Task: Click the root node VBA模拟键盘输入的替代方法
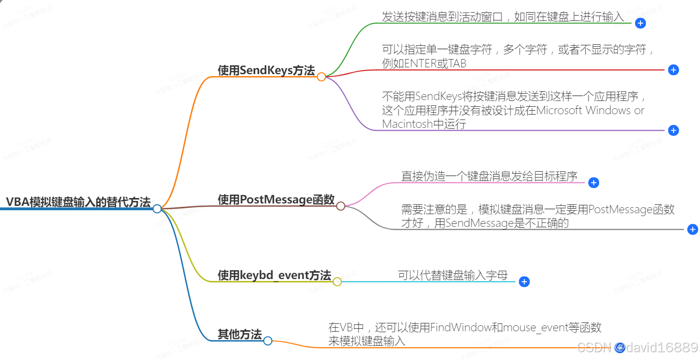tap(78, 202)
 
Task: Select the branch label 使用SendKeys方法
tap(266, 70)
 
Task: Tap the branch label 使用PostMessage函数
tap(276, 200)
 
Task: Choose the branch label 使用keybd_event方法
tap(274, 275)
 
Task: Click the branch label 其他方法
tap(240, 335)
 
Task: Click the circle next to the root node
tap(157, 209)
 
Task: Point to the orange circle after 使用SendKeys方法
tap(321, 77)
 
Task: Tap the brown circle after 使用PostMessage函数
tap(340, 206)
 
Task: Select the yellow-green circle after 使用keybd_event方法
tap(337, 281)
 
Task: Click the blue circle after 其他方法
tap(267, 341)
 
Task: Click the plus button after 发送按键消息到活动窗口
tap(640, 23)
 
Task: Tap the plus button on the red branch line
tap(673, 70)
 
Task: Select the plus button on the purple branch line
tap(673, 130)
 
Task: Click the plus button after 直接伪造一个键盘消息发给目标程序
tap(593, 182)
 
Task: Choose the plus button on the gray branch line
tap(692, 229)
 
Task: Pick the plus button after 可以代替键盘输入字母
tap(524, 281)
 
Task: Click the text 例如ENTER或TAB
tap(424, 63)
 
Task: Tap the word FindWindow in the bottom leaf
tap(460, 327)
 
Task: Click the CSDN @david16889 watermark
tap(637, 347)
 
